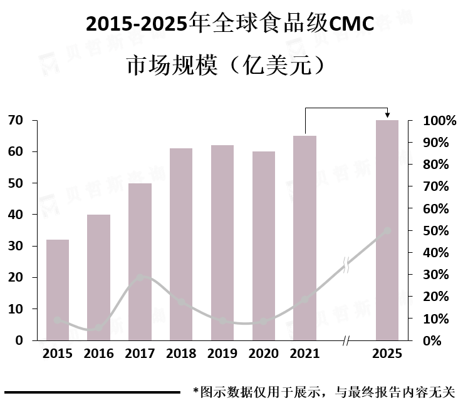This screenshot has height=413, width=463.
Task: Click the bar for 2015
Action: pyautogui.click(x=58, y=290)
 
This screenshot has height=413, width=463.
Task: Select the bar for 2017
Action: pyautogui.click(x=140, y=262)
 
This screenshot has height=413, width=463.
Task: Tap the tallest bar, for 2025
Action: pyautogui.click(x=387, y=230)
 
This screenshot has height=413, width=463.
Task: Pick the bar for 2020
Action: pyautogui.click(x=264, y=246)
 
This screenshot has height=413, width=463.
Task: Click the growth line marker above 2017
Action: pyautogui.click(x=140, y=277)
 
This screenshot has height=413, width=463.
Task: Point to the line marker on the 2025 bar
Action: pyautogui.click(x=387, y=231)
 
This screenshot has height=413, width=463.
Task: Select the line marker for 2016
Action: pyautogui.click(x=99, y=328)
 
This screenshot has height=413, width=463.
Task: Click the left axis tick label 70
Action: pyautogui.click(x=16, y=120)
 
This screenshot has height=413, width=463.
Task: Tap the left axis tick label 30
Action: pyautogui.click(x=16, y=246)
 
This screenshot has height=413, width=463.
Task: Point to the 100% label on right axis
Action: pyautogui.click(x=440, y=121)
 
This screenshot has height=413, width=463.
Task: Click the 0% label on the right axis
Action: pyautogui.click(x=432, y=340)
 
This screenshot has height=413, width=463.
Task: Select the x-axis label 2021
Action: pyautogui.click(x=304, y=354)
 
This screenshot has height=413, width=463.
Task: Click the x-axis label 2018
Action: pyautogui.click(x=181, y=354)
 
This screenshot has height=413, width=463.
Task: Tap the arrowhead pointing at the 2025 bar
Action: pyautogui.click(x=387, y=115)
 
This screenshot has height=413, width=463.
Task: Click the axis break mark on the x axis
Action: pyautogui.click(x=346, y=341)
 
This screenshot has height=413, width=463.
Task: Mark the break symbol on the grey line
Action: pyautogui.click(x=346, y=265)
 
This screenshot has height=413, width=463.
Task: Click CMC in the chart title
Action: pyautogui.click(x=351, y=24)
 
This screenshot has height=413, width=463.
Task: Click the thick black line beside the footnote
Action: pyautogui.click(x=93, y=392)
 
